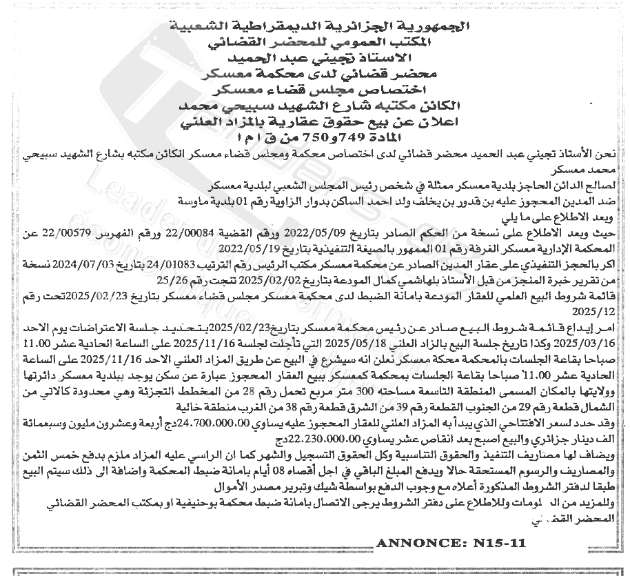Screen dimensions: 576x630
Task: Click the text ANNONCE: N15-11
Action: (453, 542)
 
